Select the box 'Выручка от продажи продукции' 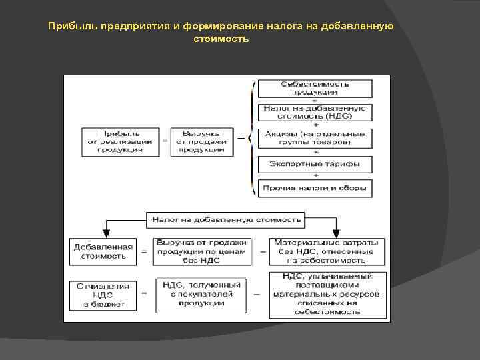(x=202, y=141)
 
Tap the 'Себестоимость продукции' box (x=315, y=89)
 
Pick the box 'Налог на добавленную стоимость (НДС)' (x=315, y=111)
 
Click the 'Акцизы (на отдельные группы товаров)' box (x=315, y=138)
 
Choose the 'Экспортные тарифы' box (x=315, y=164)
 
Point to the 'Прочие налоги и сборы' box (x=315, y=188)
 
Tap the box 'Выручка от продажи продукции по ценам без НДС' (x=202, y=251)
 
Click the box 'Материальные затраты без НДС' (x=327, y=251)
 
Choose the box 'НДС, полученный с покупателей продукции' (x=202, y=294)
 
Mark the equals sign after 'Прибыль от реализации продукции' (x=165, y=141)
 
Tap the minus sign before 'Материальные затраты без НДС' (x=263, y=252)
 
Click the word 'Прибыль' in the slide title (x=74, y=27)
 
